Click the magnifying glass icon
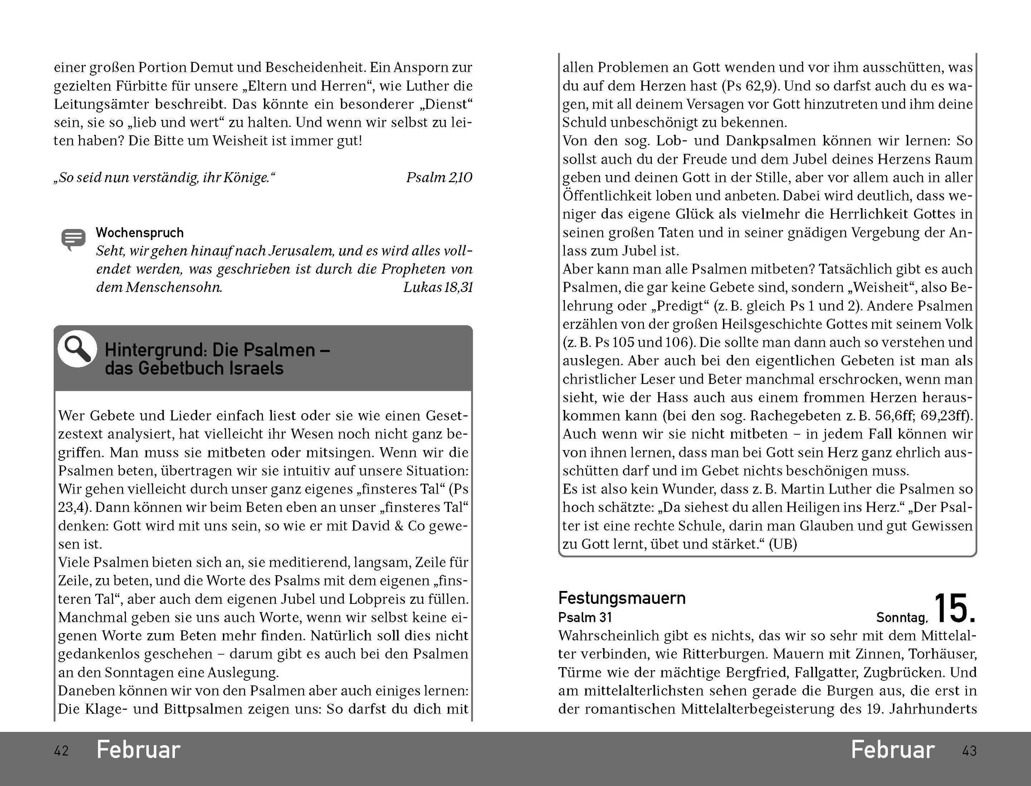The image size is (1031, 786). [77, 349]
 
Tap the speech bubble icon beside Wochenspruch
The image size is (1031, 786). [73, 240]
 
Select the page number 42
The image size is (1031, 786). [61, 751]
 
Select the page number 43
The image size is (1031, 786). [969, 751]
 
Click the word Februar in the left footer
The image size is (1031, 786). [138, 750]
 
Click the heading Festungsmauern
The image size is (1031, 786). [622, 598]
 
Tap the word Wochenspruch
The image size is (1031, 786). [140, 232]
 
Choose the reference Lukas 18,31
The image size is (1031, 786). [438, 287]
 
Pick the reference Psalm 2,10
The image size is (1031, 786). [439, 177]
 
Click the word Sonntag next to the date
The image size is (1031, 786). [901, 618]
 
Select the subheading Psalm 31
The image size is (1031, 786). [585, 618]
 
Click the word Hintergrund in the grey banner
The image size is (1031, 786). [155, 350]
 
